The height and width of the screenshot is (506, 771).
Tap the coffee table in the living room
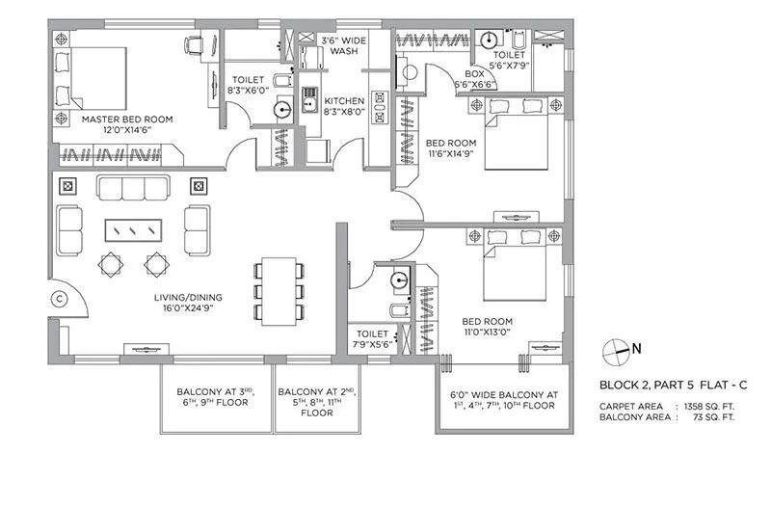(134, 229)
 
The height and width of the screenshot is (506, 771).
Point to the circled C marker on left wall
(60, 299)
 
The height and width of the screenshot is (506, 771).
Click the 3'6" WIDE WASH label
(343, 44)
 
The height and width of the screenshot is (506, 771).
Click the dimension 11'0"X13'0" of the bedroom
(487, 333)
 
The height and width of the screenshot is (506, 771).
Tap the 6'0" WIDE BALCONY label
(503, 400)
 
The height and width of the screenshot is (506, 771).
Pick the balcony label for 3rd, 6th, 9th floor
(212, 397)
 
